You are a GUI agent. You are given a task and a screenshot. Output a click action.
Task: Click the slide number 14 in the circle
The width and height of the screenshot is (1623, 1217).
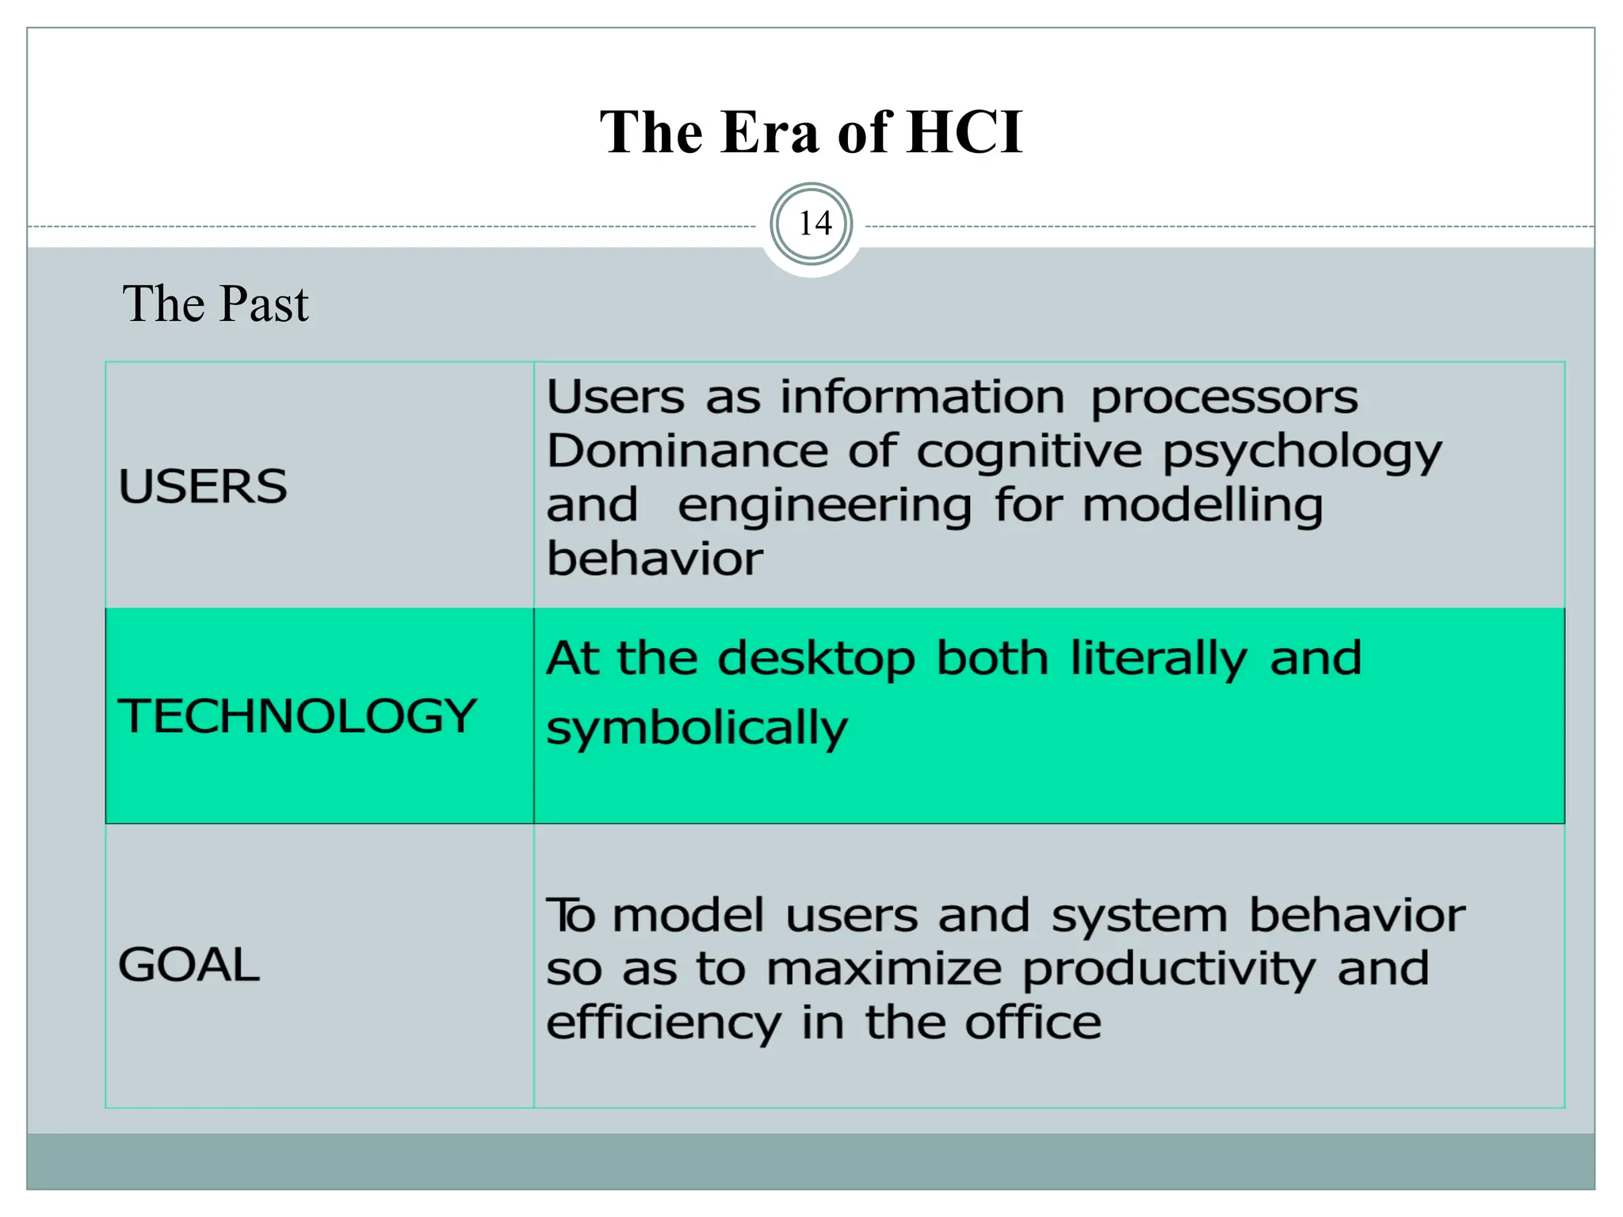pos(814,223)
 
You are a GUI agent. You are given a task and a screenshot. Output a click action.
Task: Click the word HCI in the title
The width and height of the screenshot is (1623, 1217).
pos(964,132)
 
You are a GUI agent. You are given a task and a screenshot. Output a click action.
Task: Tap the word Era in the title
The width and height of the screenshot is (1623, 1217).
pos(769,132)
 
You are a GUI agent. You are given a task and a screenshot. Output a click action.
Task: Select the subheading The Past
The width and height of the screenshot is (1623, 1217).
pos(215,303)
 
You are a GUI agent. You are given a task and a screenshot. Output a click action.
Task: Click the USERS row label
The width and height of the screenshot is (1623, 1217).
pos(203,486)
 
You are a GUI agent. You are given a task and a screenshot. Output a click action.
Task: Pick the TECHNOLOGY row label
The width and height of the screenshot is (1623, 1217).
pos(297,715)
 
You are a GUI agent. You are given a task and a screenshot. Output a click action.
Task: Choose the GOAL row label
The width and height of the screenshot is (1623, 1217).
pos(189,964)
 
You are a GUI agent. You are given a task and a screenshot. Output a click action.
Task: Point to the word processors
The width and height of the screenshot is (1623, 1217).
pos(1224,398)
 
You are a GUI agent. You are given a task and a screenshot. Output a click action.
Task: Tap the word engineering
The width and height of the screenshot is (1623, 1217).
pos(824,507)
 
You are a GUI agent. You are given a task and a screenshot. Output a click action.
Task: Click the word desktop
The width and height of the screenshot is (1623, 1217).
pos(815,660)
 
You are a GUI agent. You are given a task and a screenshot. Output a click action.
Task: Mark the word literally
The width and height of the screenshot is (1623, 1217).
pos(1158,660)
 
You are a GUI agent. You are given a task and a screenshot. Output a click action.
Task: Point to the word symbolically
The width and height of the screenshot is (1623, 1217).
pos(697,730)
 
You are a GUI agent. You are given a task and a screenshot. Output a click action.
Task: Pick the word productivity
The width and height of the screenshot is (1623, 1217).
pos(1168,971)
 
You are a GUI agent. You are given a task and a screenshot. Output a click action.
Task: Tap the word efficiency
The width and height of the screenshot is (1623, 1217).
pos(663,1024)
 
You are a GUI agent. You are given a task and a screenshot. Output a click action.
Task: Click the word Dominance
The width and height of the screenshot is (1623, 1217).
pos(687,452)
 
